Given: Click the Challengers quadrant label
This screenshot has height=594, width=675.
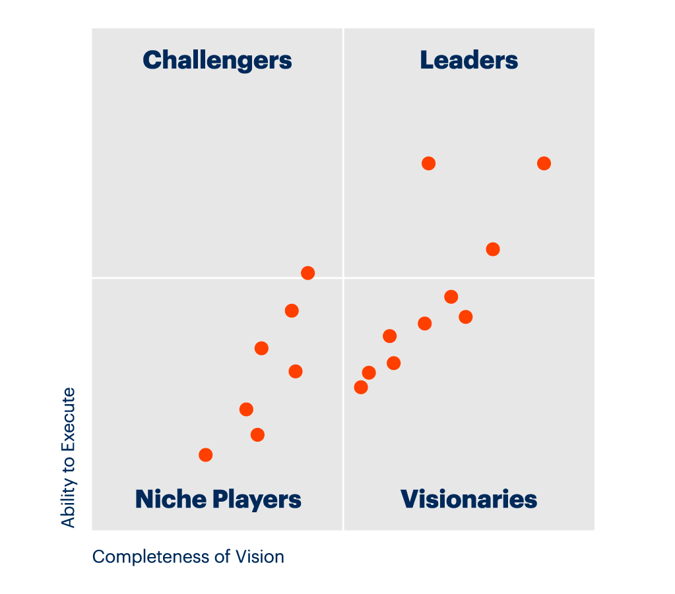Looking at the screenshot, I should point(217,60).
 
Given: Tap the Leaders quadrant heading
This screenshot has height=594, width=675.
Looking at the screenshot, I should point(468,60).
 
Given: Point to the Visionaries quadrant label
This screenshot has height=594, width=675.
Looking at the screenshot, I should point(468,499).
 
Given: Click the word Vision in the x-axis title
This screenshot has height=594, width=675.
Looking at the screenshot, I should point(261,556).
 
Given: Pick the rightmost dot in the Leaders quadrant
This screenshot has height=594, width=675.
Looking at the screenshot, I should point(544,163).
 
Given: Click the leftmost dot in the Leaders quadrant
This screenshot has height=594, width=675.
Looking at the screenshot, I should point(428,163).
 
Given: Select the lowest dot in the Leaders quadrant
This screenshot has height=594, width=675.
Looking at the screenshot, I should point(493,249).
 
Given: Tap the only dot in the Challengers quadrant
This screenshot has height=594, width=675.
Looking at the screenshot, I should point(307,273).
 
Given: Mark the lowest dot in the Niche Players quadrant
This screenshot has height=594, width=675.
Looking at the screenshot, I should point(206,455).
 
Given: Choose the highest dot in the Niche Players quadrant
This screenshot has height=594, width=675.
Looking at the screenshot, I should point(292,311).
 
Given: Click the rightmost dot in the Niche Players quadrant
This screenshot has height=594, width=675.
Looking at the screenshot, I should point(296,371).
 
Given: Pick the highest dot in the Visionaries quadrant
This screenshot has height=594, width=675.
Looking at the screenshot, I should point(451,297).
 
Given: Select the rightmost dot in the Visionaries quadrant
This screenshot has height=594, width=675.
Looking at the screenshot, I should point(466,317).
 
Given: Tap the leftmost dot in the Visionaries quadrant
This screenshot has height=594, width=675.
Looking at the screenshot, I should point(361,387).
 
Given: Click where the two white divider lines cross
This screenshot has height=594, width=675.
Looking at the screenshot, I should point(343,278).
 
